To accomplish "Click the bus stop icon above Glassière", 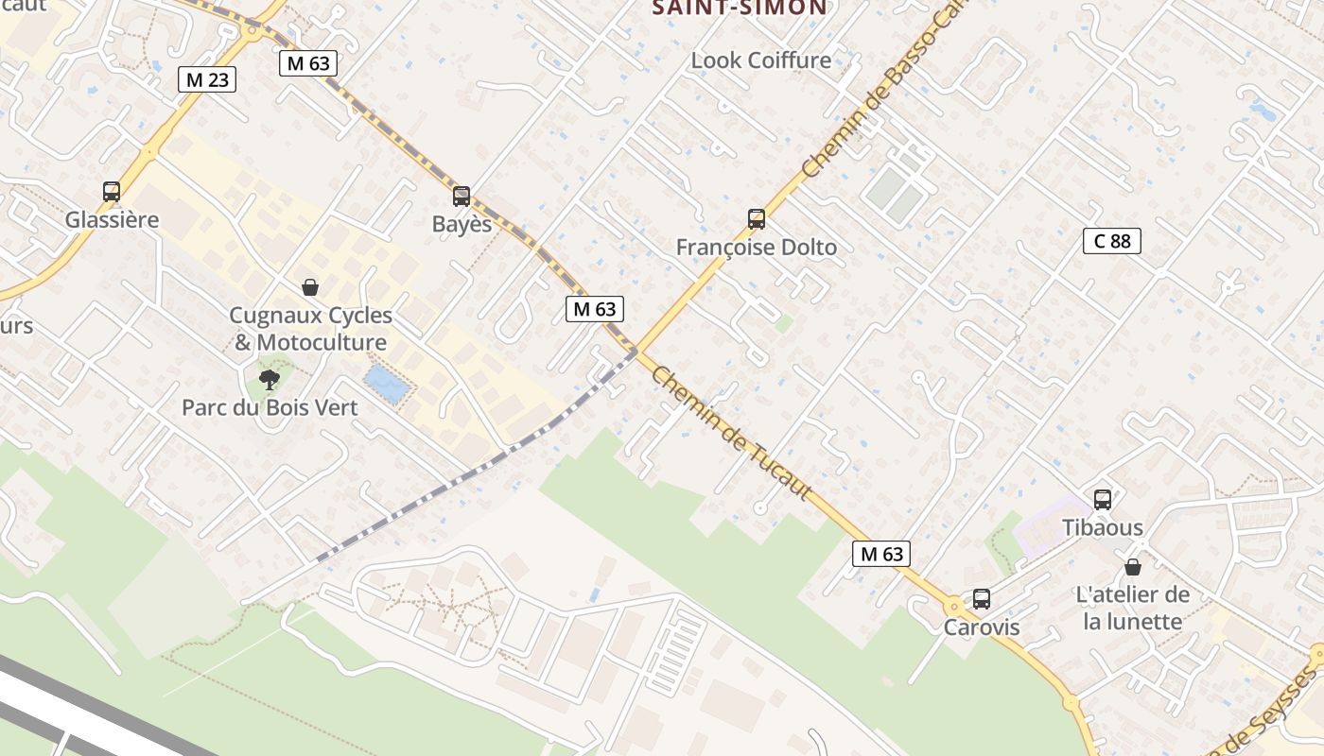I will pyautogui.click(x=112, y=192).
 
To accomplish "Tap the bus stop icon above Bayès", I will pyautogui.click(x=462, y=197).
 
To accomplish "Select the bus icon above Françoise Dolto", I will pyautogui.click(x=757, y=219).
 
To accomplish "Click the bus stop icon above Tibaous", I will pyautogui.click(x=1103, y=500).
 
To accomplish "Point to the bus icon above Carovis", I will pyautogui.click(x=982, y=599).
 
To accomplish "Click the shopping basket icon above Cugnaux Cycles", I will pyautogui.click(x=310, y=287).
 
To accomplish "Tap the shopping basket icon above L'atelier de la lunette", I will pyautogui.click(x=1133, y=567).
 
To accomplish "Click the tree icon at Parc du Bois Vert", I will pyautogui.click(x=270, y=380).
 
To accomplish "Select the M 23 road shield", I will pyautogui.click(x=207, y=79).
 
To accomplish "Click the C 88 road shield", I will pyautogui.click(x=1112, y=241).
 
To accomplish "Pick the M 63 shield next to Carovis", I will pyautogui.click(x=881, y=554).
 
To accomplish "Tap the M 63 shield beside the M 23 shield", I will pyautogui.click(x=308, y=63).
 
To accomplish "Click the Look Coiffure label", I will pyautogui.click(x=761, y=60).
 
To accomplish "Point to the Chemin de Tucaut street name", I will pyautogui.click(x=731, y=434).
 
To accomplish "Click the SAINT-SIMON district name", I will pyautogui.click(x=740, y=9).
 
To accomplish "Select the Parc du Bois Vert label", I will pyautogui.click(x=270, y=408).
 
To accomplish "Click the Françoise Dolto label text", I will pyautogui.click(x=757, y=248).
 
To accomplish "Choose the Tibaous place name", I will pyautogui.click(x=1103, y=527).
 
